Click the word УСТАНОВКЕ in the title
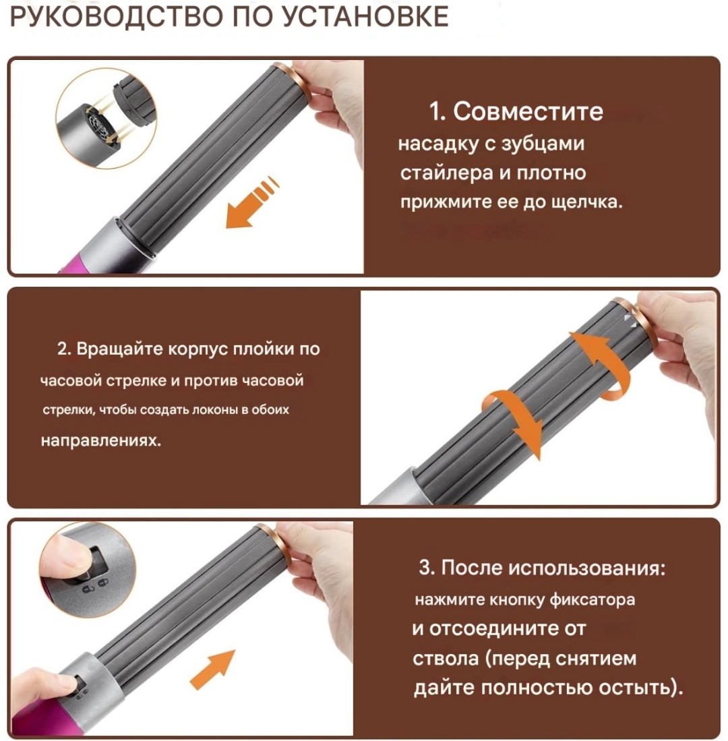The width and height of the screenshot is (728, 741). pos(365,17)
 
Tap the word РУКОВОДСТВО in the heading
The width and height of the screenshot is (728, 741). pos(116,17)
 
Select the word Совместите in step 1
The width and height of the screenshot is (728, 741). pos(528,111)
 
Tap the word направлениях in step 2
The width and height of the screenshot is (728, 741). pos(100,440)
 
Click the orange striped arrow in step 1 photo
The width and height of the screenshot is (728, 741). pos(250,203)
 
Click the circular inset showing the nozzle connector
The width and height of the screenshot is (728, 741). pos(107,118)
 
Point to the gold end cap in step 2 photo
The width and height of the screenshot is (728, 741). pos(637,326)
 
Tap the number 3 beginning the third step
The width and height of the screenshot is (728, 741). pos(424,568)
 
